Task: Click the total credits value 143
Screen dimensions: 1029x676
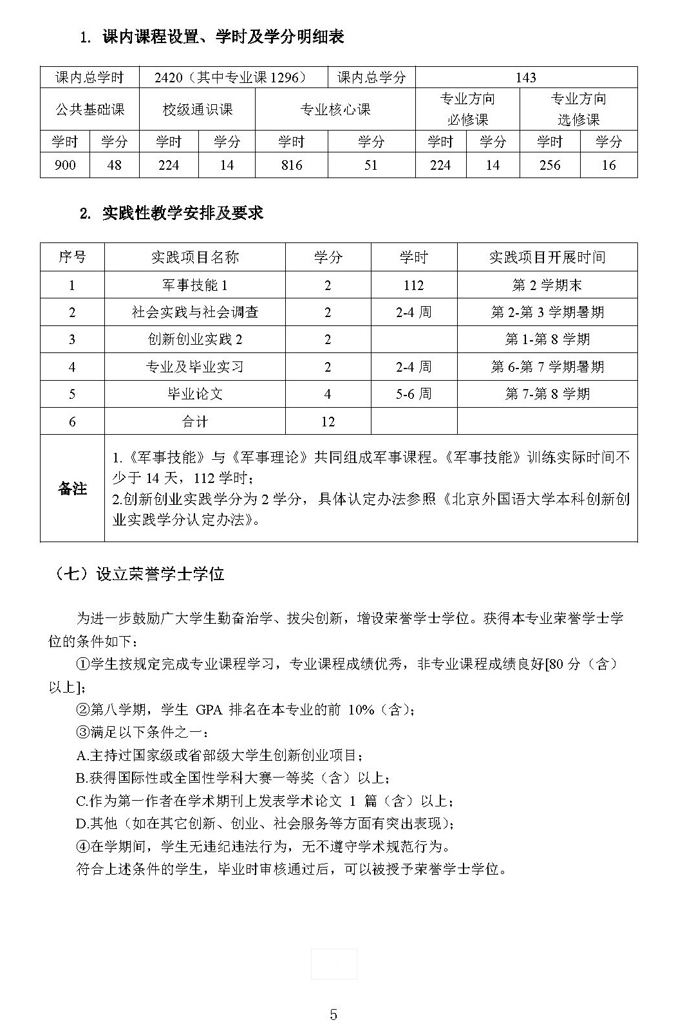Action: pyautogui.click(x=525, y=78)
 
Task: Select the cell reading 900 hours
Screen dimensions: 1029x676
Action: pyautogui.click(x=65, y=165)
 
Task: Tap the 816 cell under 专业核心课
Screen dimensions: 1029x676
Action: pyautogui.click(x=291, y=165)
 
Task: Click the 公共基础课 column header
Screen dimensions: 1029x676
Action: pyautogui.click(x=89, y=109)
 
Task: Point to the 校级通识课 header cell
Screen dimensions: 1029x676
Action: pyautogui.click(x=197, y=109)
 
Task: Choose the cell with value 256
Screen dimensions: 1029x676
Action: pyautogui.click(x=549, y=165)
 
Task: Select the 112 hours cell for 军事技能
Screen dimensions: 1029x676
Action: pyautogui.click(x=413, y=285)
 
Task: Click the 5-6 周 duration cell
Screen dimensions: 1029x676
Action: pyautogui.click(x=413, y=394)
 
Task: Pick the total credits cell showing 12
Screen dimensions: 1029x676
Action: pyautogui.click(x=328, y=421)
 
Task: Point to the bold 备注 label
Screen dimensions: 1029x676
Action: pyautogui.click(x=72, y=489)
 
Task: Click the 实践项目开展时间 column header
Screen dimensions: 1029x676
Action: pyautogui.click(x=547, y=257)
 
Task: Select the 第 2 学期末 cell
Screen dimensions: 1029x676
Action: pyautogui.click(x=547, y=285)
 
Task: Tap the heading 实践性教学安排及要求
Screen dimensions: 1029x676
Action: pyautogui.click(x=183, y=214)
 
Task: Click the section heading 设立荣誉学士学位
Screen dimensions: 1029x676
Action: pyautogui.click(x=160, y=574)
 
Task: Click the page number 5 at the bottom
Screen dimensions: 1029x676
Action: pyautogui.click(x=333, y=1015)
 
